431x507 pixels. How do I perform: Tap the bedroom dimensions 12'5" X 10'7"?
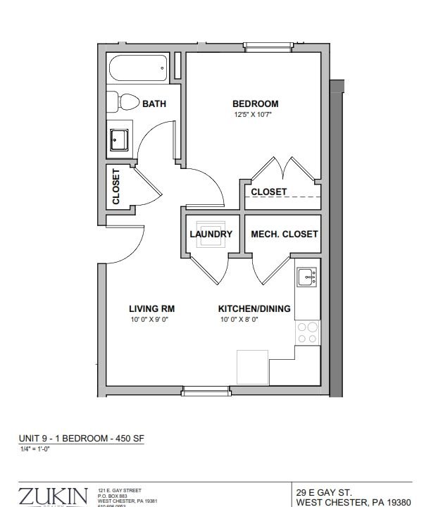[x=253, y=115]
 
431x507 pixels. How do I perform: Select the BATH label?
[x=154, y=104]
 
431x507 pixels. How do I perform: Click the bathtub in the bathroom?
[x=138, y=70]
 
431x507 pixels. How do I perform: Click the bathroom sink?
[x=119, y=141]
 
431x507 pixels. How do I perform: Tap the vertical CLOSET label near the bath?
[x=116, y=187]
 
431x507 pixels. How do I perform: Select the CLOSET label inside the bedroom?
[x=269, y=192]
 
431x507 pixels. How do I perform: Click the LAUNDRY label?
[x=211, y=234]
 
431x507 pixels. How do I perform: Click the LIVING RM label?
[x=151, y=308]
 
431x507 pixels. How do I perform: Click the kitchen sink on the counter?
[x=307, y=277]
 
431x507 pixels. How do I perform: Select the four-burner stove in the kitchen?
[x=307, y=333]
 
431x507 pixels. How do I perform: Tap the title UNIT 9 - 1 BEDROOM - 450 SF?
[x=80, y=438]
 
